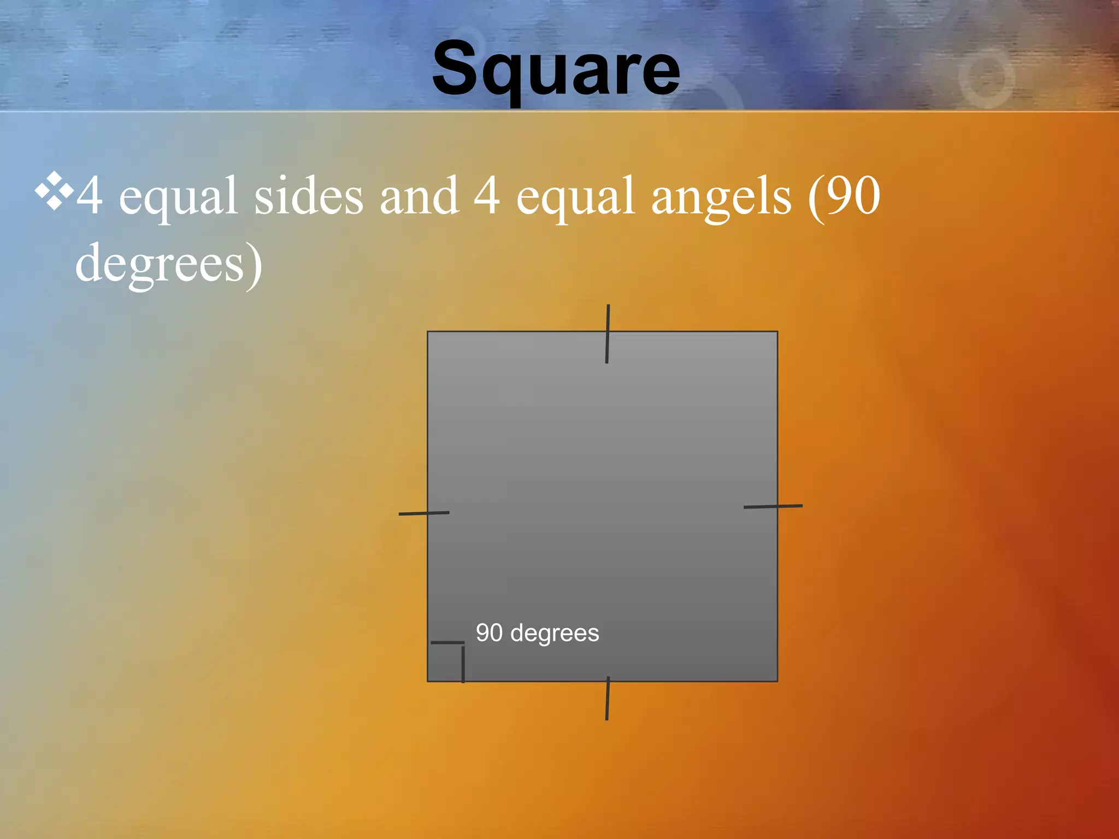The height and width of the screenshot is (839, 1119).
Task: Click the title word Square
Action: tap(556, 70)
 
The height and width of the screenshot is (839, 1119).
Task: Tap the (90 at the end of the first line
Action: tap(845, 197)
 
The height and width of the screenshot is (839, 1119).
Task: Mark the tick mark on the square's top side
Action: tap(608, 334)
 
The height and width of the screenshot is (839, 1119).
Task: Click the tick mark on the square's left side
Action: tap(424, 513)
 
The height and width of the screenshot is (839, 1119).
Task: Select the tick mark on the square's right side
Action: tap(773, 507)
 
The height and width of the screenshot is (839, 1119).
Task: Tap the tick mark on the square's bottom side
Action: tap(608, 698)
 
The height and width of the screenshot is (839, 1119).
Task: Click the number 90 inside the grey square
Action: tap(489, 633)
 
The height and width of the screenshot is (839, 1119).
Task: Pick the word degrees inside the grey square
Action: tap(555, 634)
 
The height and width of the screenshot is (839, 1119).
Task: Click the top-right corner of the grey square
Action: tap(777, 332)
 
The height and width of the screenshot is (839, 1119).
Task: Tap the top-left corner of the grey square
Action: tap(428, 332)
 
